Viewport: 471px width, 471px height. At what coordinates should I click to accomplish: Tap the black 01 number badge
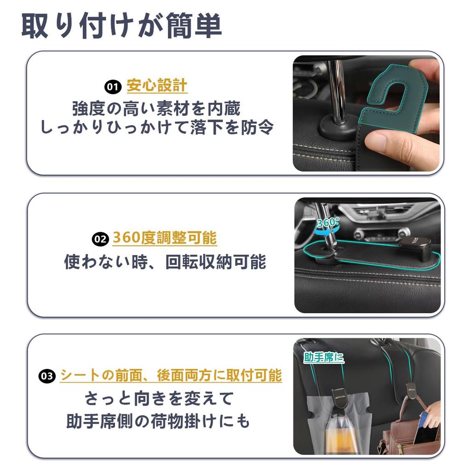click(x=112, y=86)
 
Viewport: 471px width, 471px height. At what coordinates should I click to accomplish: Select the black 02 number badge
click(x=100, y=239)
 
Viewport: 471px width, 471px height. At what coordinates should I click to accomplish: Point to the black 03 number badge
click(x=47, y=376)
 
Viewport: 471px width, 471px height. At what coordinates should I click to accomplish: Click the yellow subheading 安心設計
click(x=157, y=86)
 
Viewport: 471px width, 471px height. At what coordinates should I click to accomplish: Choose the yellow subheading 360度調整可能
click(x=165, y=238)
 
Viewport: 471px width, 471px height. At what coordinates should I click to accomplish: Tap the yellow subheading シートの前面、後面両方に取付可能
click(x=171, y=375)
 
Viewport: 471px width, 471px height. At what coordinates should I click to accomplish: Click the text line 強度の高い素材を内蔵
click(x=156, y=109)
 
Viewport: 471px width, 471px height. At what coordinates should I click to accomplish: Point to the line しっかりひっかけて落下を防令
click(x=157, y=127)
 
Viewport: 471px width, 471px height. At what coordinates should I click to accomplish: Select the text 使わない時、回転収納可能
click(x=165, y=262)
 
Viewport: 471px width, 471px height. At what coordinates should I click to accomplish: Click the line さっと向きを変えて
click(x=159, y=398)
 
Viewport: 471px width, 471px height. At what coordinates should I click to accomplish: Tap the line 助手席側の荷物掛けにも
click(x=158, y=421)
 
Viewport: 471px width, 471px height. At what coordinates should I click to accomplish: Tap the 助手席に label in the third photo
click(x=324, y=357)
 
